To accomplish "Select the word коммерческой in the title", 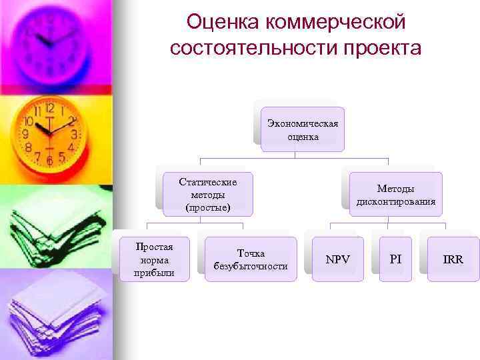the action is coord(335,23).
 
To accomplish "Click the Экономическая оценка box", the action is coord(303,129).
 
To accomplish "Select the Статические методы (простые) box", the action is coord(208,194).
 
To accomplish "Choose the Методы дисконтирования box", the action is coord(396,195).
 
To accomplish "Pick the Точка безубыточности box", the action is coord(251,259).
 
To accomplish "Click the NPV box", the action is coord(337,259).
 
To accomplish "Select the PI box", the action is coord(396,259).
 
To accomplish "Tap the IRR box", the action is coord(453,259).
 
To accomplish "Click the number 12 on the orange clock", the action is coord(49,108).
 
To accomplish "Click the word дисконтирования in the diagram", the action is coord(396,201).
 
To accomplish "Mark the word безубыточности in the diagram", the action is coord(251,266).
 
